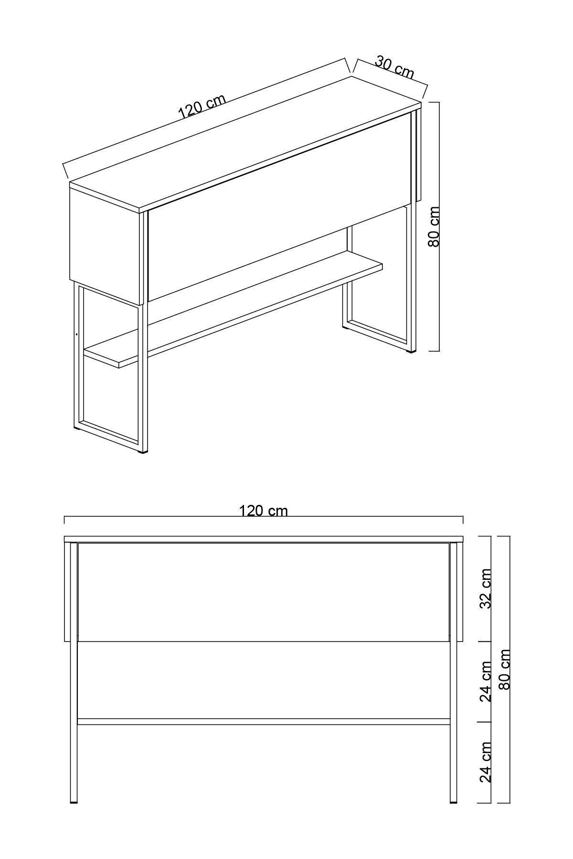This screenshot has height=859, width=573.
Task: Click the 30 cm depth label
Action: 394,67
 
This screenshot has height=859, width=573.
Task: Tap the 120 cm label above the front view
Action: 263,511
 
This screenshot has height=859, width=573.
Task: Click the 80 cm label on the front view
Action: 504,669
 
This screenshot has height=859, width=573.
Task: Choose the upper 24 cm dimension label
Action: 485,681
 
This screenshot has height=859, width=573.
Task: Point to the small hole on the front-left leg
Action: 76,334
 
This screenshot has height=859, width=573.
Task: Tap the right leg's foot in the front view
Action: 453,802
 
